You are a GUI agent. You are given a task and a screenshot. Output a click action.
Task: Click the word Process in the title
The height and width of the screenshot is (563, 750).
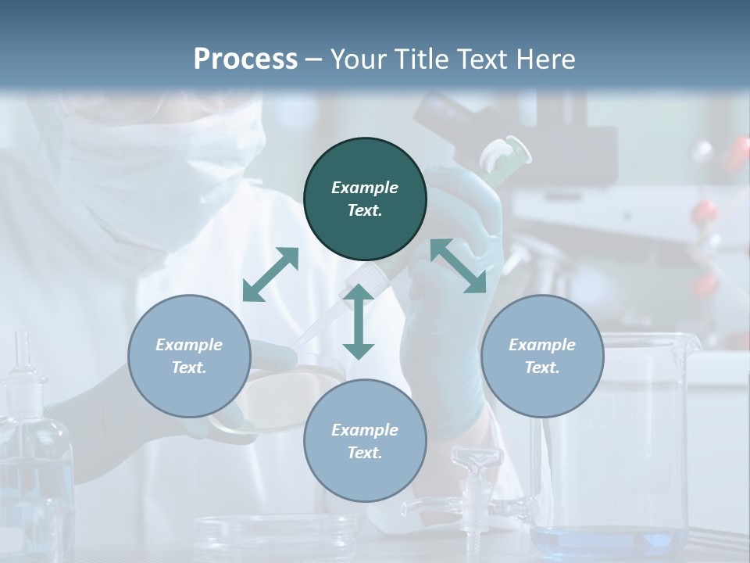click(245, 59)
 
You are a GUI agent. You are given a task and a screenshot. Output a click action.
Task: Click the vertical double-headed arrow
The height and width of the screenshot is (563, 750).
click(359, 322)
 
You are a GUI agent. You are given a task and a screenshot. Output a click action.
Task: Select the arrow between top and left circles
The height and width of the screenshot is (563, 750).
click(270, 274)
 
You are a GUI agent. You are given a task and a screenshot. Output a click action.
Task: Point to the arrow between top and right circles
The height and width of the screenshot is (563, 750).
click(458, 267)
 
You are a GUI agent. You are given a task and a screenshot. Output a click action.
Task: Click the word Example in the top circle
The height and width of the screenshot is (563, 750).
click(365, 188)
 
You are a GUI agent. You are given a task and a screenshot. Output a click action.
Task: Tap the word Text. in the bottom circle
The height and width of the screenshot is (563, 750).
click(365, 453)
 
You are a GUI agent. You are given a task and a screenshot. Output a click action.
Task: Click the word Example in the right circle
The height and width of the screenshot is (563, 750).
click(541, 345)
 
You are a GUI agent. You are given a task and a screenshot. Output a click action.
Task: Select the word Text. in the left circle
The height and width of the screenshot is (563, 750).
click(189, 368)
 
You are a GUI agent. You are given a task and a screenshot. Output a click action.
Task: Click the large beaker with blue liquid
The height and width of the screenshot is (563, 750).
click(617, 469)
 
